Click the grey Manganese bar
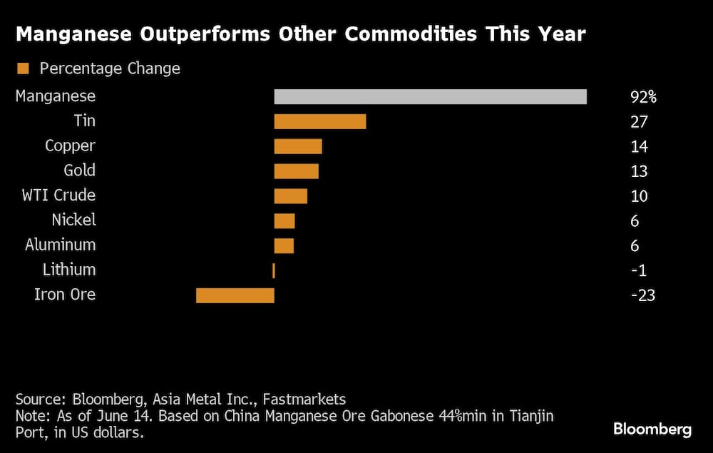click(x=430, y=96)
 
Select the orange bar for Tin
click(x=320, y=121)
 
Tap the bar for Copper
click(x=298, y=146)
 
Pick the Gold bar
click(x=297, y=171)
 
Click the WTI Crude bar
click(x=291, y=196)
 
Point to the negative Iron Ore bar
click(x=235, y=295)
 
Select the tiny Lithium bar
click(x=274, y=270)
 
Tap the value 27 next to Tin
click(x=639, y=122)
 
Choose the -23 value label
click(x=642, y=295)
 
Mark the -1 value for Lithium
click(x=639, y=270)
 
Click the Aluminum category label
click(x=60, y=245)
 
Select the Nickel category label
click(x=73, y=220)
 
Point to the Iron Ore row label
click(x=64, y=295)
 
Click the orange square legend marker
click(x=23, y=69)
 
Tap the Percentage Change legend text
click(x=110, y=69)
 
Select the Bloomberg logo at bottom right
click(x=652, y=429)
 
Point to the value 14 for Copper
click(x=639, y=147)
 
